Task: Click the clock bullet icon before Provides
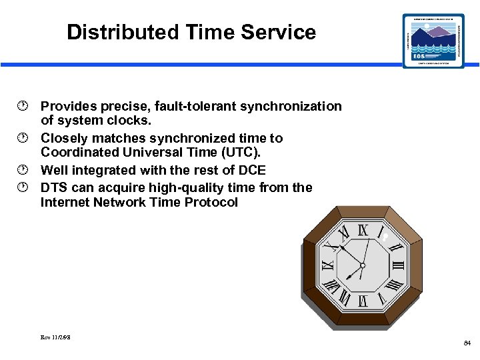click(25, 106)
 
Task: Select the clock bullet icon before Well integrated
click(25, 170)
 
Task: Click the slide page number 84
click(467, 343)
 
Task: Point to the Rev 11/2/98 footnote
click(55, 337)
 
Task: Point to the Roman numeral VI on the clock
click(363, 301)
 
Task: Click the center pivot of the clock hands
click(363, 265)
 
